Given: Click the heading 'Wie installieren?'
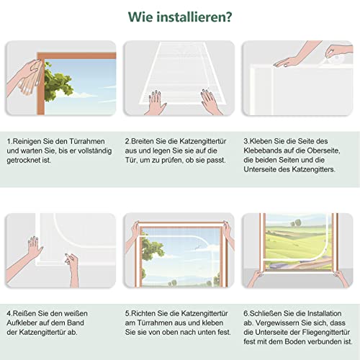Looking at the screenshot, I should click(179, 15).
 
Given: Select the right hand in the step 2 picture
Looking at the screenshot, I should click(209, 100).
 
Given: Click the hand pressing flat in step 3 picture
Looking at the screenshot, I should click(288, 62).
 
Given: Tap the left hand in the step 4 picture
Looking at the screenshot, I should click(33, 247).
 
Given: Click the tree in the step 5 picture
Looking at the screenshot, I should click(151, 248).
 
